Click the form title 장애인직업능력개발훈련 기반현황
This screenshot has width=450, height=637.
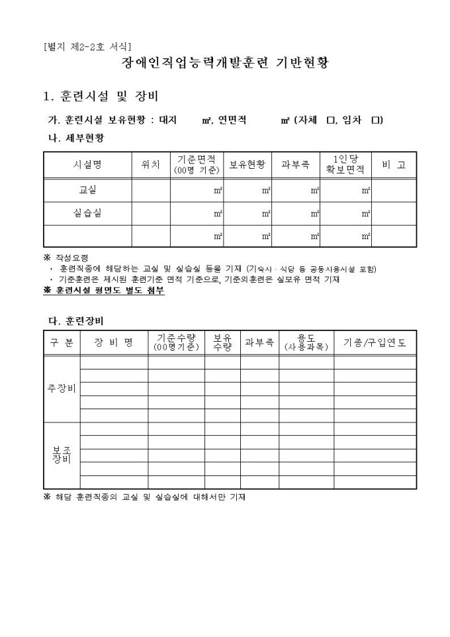[225, 64]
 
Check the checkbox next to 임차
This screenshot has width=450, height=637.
[376, 120]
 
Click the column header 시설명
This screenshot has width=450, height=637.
[87, 165]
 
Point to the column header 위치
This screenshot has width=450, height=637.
[151, 165]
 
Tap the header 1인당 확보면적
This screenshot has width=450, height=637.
[345, 165]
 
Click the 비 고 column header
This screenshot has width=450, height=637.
[394, 165]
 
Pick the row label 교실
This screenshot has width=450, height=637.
[87, 190]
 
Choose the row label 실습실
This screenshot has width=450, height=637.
[87, 213]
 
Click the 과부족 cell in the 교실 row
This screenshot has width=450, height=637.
[296, 190]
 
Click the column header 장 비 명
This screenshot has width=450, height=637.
[114, 342]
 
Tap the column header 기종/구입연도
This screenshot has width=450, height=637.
[375, 342]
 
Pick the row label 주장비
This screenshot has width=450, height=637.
[62, 389]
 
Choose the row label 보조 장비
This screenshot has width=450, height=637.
[62, 456]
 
